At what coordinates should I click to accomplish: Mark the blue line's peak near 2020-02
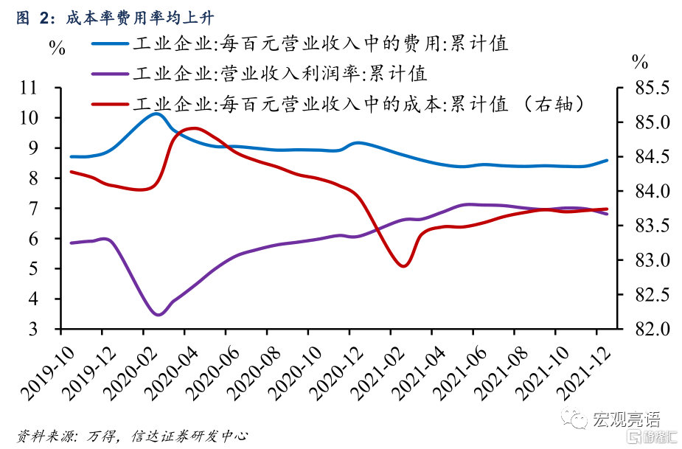156,114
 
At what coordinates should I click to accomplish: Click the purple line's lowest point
158,315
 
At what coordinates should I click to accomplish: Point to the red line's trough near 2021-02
403,265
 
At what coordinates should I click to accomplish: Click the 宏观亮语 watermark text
627,419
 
